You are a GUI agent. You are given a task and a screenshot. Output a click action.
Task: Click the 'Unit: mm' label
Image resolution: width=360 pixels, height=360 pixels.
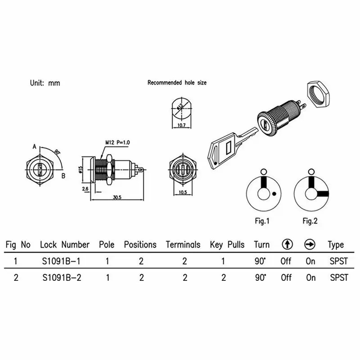pyautogui.click(x=45, y=83)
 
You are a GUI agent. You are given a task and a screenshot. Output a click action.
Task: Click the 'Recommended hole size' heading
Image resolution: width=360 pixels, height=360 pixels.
pyautogui.click(x=177, y=83)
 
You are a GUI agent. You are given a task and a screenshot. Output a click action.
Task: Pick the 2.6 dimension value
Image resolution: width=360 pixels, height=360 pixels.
pyautogui.click(x=85, y=189)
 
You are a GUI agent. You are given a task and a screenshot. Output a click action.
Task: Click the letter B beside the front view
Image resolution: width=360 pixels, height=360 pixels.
pyautogui.click(x=63, y=175)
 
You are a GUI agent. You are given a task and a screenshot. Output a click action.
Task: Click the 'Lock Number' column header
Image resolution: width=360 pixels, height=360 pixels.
pyautogui.click(x=65, y=245)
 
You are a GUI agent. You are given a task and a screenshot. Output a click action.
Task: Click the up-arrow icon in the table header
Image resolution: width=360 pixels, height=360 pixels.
pyautogui.click(x=287, y=245)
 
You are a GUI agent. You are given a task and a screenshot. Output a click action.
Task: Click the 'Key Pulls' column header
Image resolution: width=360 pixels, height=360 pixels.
pyautogui.click(x=227, y=245)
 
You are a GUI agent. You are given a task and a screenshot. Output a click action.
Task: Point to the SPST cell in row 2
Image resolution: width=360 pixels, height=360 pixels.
pyautogui.click(x=338, y=277)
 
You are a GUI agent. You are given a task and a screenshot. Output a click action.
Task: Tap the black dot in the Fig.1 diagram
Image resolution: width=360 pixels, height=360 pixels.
pyautogui.click(x=274, y=194)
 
